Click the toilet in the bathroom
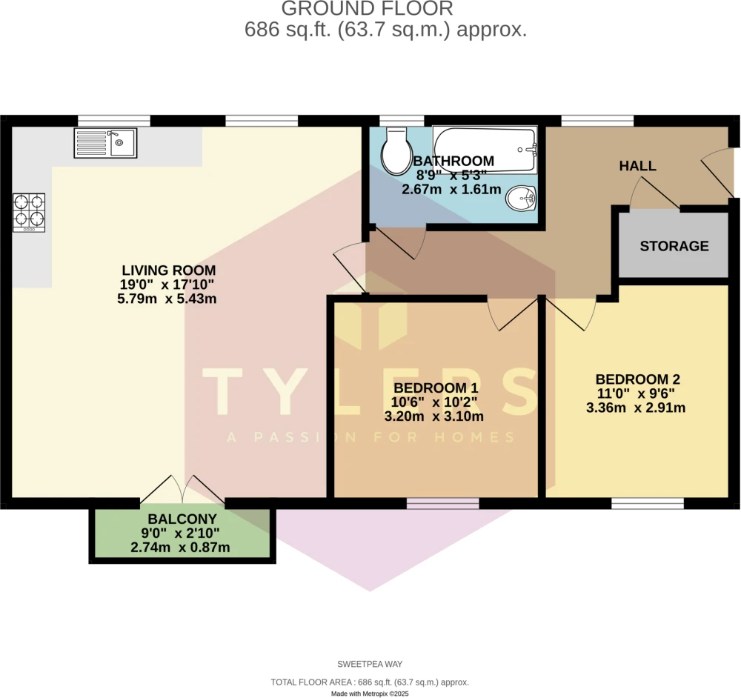click(396, 151)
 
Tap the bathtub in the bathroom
click(485, 150)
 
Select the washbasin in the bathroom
click(521, 198)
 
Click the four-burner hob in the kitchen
click(29, 213)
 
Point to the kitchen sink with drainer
click(105, 143)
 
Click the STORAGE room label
click(674, 246)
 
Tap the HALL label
click(637, 166)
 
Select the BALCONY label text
click(182, 519)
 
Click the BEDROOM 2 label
click(637, 379)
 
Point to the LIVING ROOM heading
click(169, 270)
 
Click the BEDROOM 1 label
click(436, 388)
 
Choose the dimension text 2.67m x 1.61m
click(451, 190)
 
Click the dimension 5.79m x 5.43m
click(167, 299)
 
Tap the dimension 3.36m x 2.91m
click(636, 408)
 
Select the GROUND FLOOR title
click(368, 8)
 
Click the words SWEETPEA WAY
click(370, 664)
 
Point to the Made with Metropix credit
click(370, 694)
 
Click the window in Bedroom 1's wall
click(443, 503)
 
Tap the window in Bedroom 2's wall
click(648, 503)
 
